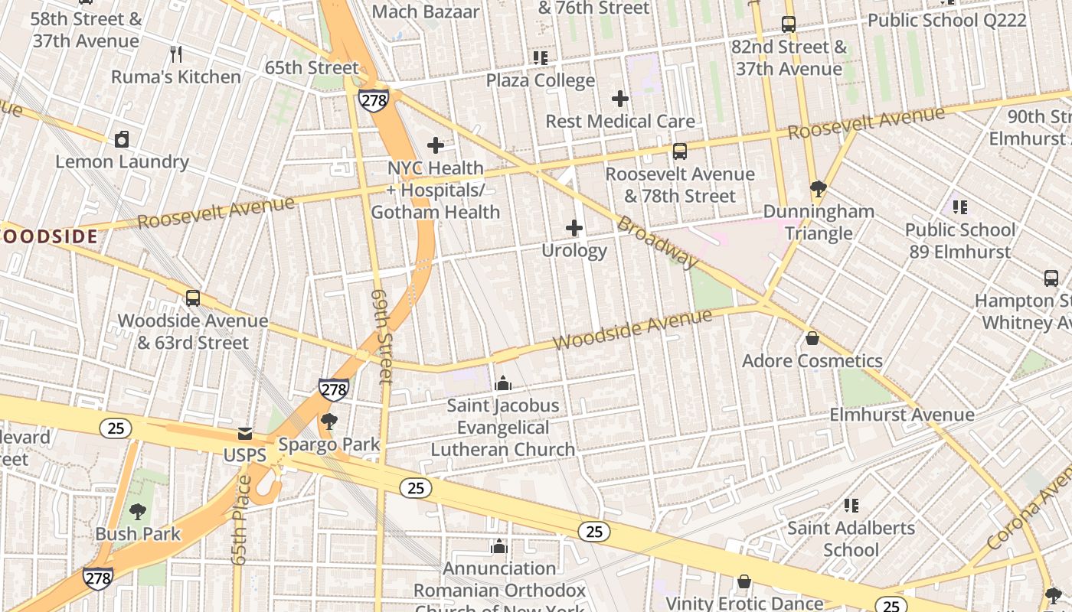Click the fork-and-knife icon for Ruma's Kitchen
[176, 54]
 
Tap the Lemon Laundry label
[122, 161]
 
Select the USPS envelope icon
[245, 434]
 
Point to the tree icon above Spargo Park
[329, 421]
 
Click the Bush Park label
[138, 534]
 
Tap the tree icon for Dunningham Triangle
[818, 188]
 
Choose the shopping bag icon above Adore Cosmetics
[812, 337]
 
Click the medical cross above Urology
[574, 228]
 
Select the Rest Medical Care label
[620, 121]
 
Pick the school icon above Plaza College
[541, 57]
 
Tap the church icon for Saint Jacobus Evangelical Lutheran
[503, 383]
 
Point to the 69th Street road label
[382, 336]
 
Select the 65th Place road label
[242, 520]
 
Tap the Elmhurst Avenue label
[902, 415]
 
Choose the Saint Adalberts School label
[851, 539]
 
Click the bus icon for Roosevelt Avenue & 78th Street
[679, 151]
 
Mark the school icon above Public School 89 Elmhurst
[959, 207]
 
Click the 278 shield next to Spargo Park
[334, 389]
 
